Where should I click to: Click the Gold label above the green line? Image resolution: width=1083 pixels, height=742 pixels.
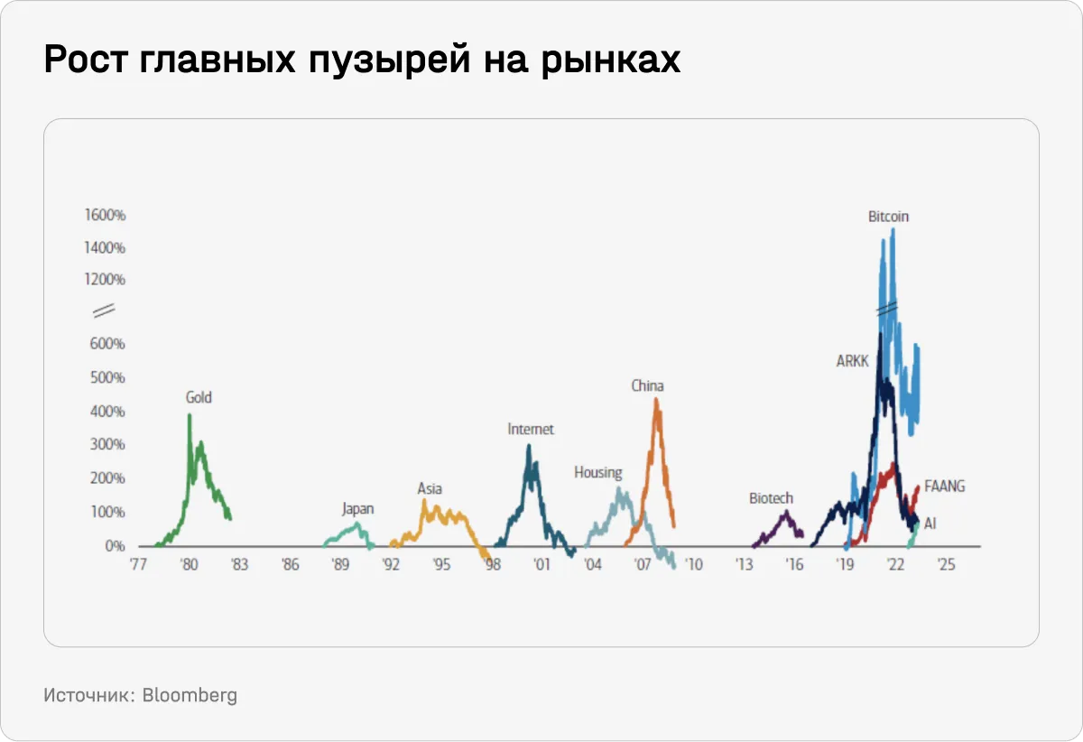(x=199, y=397)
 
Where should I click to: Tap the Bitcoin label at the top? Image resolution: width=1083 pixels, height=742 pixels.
(x=888, y=217)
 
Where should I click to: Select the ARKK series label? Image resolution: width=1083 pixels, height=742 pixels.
(x=852, y=361)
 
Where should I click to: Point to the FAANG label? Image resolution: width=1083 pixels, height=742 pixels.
(x=945, y=487)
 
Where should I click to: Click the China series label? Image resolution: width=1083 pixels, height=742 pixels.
(x=647, y=385)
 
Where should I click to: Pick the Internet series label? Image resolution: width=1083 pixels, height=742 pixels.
(x=531, y=430)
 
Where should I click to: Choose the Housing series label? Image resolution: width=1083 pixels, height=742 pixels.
(x=598, y=472)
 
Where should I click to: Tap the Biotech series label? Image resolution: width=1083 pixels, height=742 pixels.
(x=772, y=498)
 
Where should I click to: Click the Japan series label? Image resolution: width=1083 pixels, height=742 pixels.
(x=357, y=509)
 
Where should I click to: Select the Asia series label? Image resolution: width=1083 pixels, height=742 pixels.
(x=430, y=488)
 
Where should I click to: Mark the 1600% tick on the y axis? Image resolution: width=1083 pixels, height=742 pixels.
(x=106, y=216)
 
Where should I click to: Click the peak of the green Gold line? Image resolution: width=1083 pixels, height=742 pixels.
(x=190, y=416)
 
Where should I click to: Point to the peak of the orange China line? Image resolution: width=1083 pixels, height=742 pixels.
(x=656, y=400)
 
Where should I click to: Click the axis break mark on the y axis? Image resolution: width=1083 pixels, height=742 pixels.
(x=104, y=311)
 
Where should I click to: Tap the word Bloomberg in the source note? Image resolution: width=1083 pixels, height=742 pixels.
(x=190, y=695)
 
